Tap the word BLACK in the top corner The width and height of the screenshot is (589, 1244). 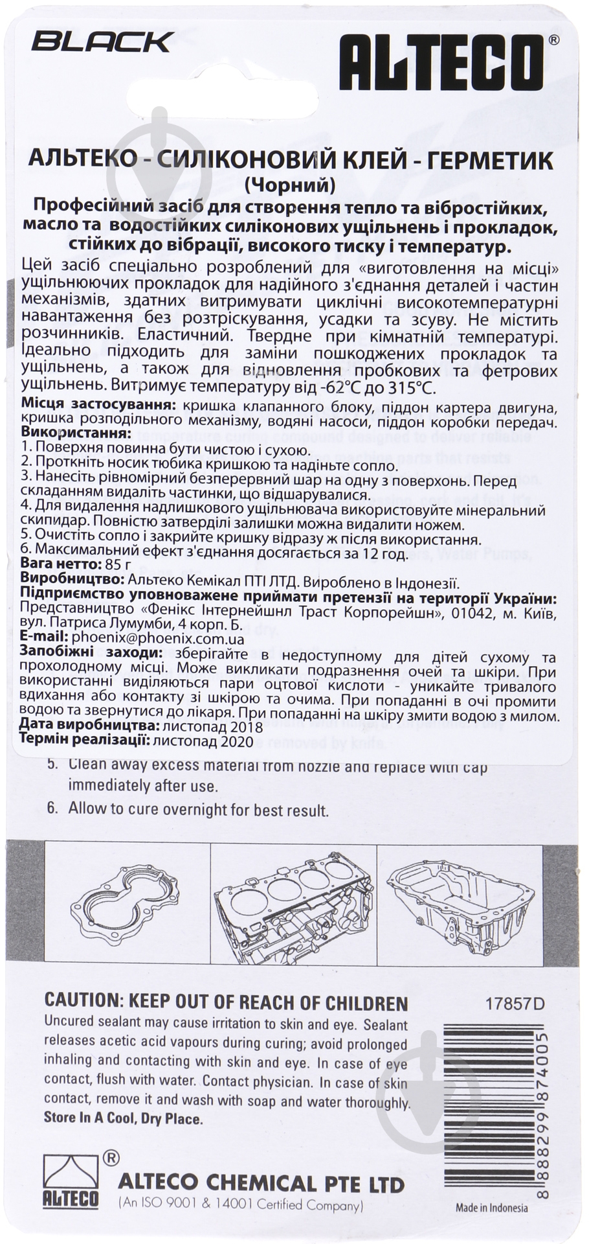coord(102,43)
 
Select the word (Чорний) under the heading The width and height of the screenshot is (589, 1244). coord(291,186)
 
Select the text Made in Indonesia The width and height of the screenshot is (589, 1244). coord(491,1208)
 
